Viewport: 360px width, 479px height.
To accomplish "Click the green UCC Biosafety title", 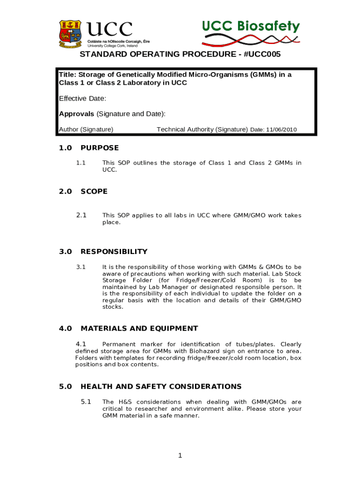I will click(251, 26).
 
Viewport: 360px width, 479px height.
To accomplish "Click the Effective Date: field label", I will click(82, 98).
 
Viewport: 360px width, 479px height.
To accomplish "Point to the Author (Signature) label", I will click(86, 130).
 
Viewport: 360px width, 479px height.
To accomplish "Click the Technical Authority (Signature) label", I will click(202, 130).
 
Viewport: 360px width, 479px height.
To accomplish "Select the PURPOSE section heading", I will click(100, 148).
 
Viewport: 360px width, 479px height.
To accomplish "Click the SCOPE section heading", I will click(94, 191).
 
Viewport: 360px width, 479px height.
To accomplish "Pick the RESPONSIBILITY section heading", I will click(114, 252).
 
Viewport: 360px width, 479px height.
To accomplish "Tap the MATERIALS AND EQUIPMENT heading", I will click(139, 328).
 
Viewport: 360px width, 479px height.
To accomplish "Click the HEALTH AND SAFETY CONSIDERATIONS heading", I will click(161, 386).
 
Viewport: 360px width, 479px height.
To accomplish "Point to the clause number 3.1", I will click(81, 267).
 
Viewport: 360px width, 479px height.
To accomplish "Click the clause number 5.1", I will click(86, 402).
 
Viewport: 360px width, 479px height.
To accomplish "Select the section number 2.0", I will click(65, 191).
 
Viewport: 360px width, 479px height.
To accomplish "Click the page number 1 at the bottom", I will click(180, 457).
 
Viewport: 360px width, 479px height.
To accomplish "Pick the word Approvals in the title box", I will click(77, 114).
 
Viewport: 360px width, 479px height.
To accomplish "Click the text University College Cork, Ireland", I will click(112, 46).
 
